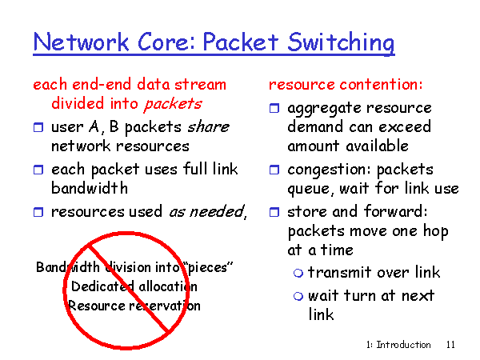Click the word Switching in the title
coord(341,43)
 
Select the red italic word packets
coord(174,104)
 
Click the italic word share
coord(208,126)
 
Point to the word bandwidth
coord(90,188)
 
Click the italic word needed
coord(217,211)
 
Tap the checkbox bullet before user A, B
coord(38,127)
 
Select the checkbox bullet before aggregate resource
coord(274,108)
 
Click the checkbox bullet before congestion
coord(274,170)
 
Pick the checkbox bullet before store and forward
coord(274,212)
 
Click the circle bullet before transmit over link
coord(298,273)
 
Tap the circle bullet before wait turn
coord(298,296)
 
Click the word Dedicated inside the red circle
coord(102,286)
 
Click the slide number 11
coord(450,345)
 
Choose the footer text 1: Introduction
coord(398,345)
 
